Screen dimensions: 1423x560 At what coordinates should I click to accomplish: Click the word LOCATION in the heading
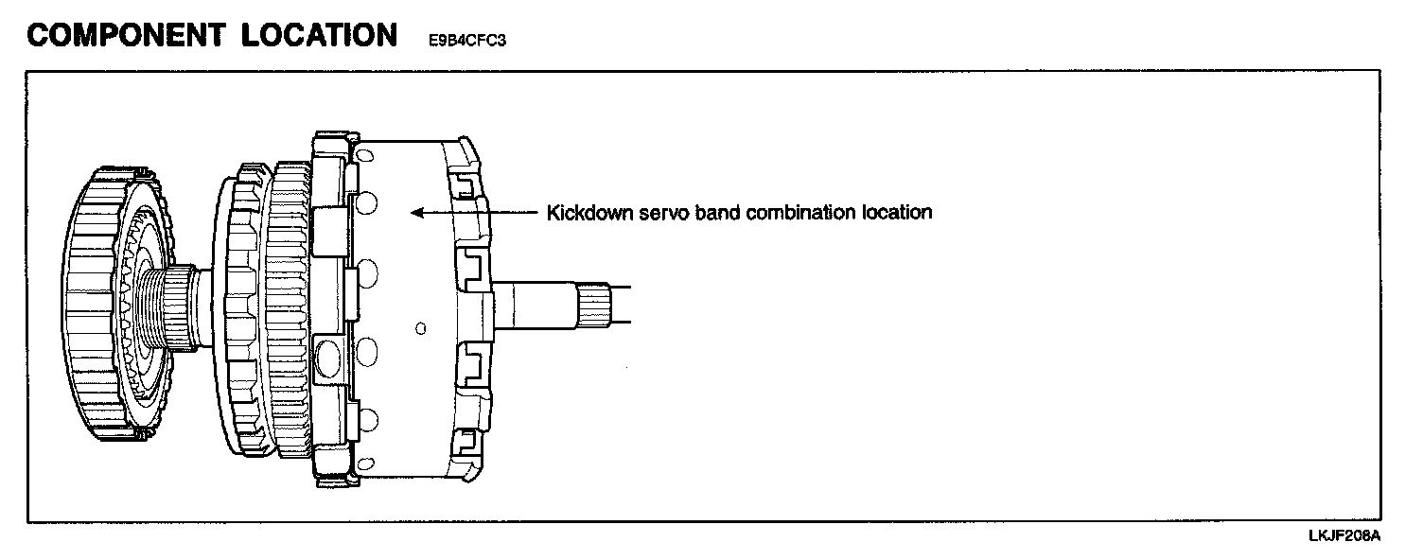[x=319, y=35]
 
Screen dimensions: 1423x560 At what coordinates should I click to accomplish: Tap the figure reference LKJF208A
[x=1344, y=536]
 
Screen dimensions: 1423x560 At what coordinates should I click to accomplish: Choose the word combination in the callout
[x=800, y=213]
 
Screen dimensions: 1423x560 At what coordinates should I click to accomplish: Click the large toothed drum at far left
[x=95, y=307]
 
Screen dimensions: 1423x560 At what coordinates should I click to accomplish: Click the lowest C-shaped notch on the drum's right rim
[x=466, y=441]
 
